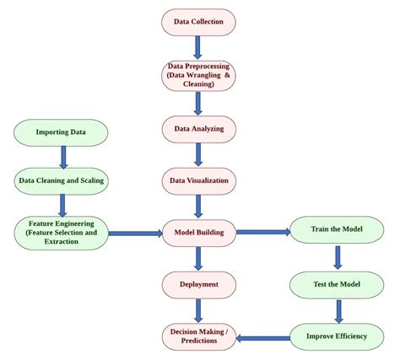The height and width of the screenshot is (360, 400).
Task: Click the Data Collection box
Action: click(x=198, y=22)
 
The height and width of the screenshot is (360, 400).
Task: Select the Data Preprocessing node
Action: click(x=198, y=75)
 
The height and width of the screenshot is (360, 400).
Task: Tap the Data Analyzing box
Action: click(x=198, y=128)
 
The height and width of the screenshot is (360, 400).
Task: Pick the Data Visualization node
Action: click(x=198, y=180)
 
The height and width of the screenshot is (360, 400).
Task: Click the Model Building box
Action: click(x=198, y=232)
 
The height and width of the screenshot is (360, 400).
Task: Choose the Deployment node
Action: click(x=198, y=284)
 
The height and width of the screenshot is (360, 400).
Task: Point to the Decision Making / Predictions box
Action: click(x=198, y=336)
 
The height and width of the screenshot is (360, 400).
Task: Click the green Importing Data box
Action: click(x=62, y=132)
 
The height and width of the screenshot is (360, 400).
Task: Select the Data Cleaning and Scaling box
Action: click(x=62, y=180)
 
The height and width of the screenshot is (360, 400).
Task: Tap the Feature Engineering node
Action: click(x=62, y=232)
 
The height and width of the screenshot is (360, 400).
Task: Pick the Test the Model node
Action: click(x=338, y=284)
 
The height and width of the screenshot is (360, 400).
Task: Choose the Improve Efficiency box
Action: click(x=338, y=336)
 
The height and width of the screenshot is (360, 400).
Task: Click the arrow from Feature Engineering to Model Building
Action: click(x=135, y=233)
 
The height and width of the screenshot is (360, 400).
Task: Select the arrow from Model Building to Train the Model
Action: click(x=262, y=231)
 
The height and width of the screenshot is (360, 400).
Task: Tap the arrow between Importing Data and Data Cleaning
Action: click(x=62, y=156)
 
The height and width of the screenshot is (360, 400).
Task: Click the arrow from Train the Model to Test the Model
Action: click(x=338, y=257)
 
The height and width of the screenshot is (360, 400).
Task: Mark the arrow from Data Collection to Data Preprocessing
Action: click(x=198, y=47)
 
